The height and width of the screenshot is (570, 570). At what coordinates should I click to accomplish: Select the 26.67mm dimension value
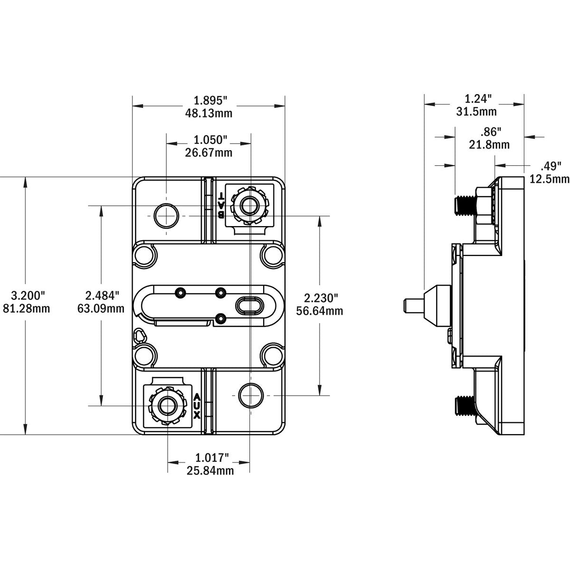(x=209, y=152)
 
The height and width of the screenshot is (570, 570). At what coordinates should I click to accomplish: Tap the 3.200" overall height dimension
(x=25, y=295)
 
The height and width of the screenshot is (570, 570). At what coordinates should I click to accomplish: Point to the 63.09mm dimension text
(x=100, y=309)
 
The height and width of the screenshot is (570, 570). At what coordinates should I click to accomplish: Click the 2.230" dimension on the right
(x=321, y=298)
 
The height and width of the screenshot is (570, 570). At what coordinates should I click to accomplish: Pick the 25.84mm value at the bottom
(x=209, y=470)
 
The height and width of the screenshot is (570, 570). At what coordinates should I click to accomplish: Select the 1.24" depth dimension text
(x=477, y=99)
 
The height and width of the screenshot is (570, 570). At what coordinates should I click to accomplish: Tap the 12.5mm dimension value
(x=550, y=179)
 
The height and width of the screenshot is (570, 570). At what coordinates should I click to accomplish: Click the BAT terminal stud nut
(x=248, y=205)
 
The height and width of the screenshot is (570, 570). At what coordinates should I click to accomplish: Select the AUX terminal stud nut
(x=166, y=405)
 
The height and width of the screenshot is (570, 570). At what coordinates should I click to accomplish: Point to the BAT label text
(x=221, y=205)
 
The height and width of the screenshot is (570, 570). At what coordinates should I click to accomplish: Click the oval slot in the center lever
(x=248, y=305)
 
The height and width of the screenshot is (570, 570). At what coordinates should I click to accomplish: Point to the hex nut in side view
(x=483, y=205)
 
